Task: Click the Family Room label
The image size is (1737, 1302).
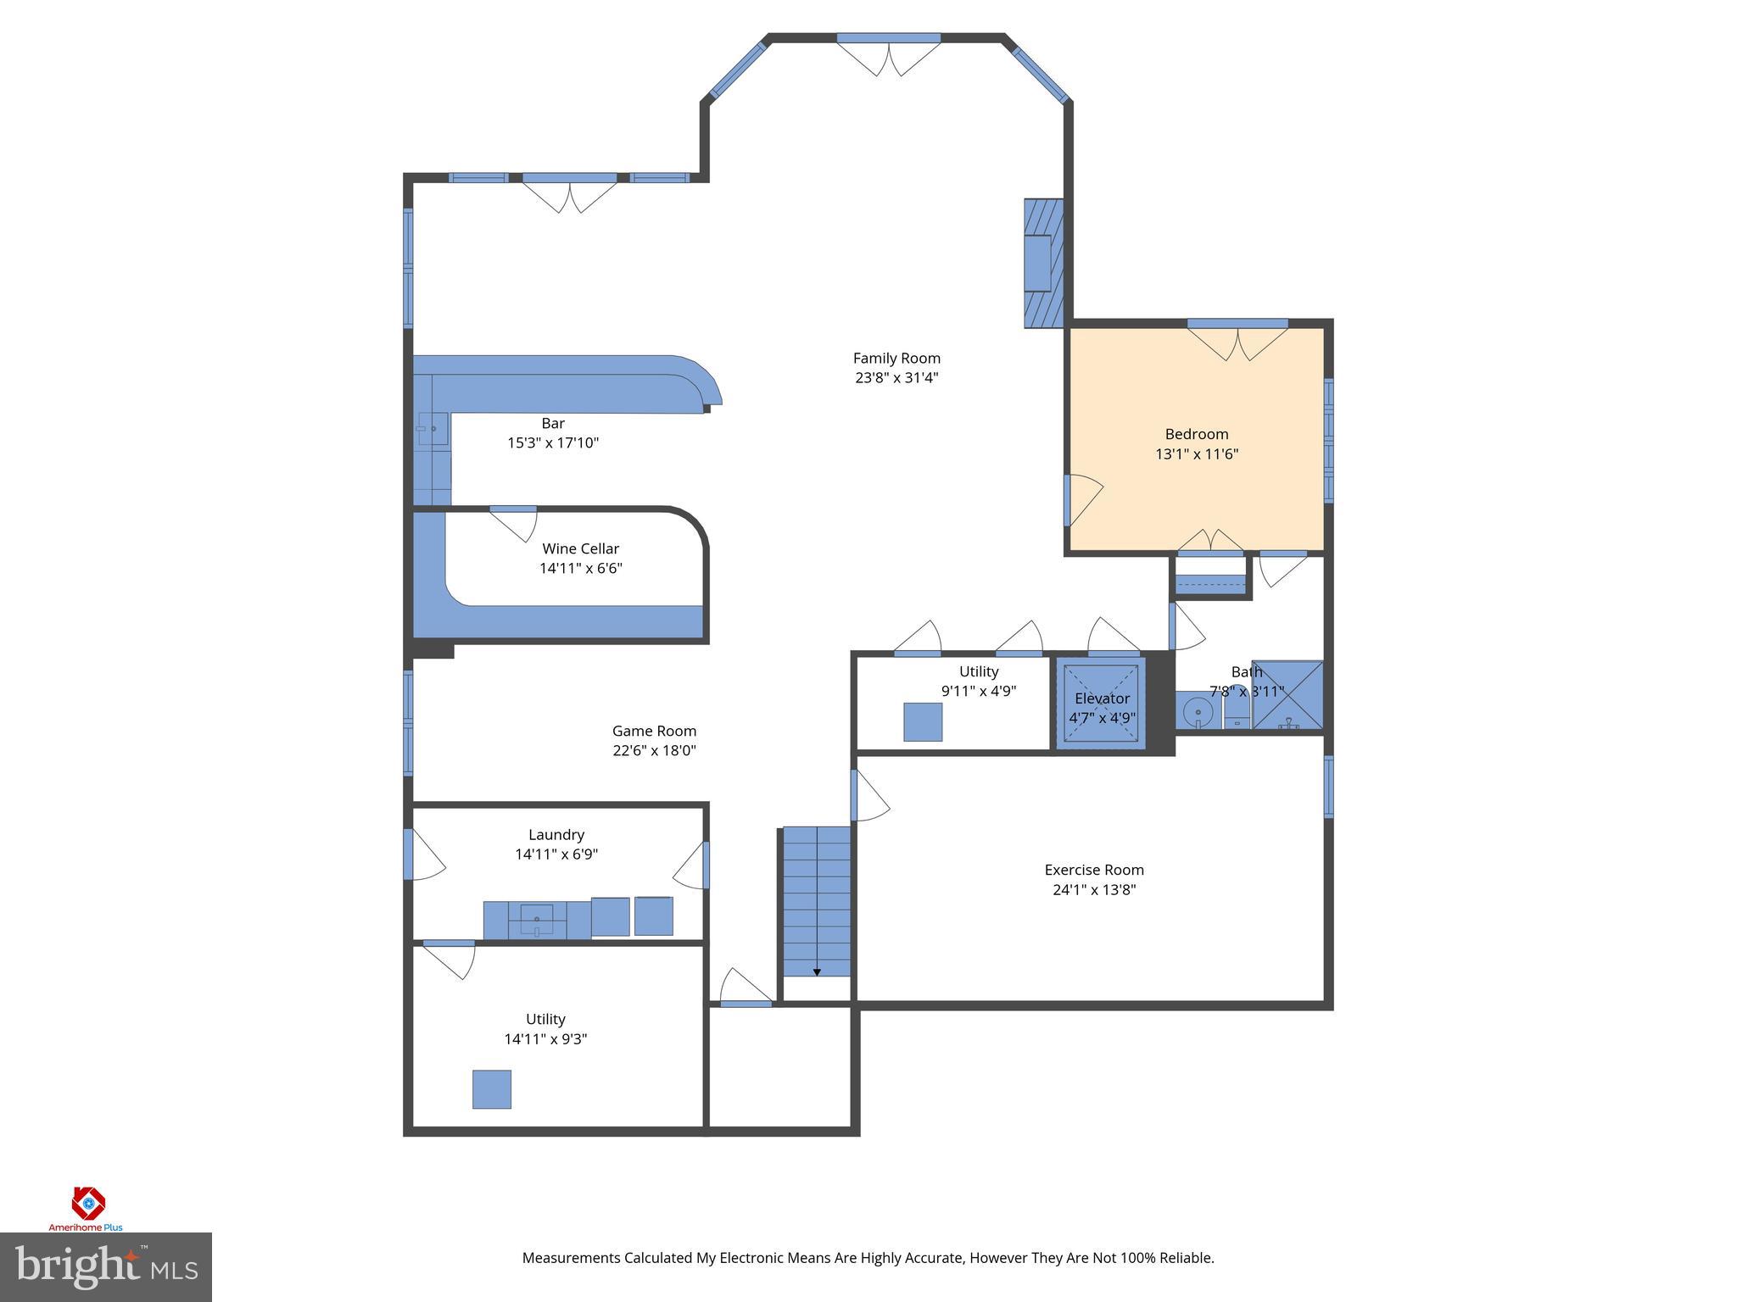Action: pos(896,358)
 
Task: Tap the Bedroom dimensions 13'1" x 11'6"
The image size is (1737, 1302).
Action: pos(1196,453)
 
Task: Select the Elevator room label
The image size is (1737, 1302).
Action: pos(1102,698)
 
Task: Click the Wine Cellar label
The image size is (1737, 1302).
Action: pos(580,548)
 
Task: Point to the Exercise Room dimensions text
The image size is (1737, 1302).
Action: pos(1094,889)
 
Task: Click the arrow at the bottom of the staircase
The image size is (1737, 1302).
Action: pos(817,971)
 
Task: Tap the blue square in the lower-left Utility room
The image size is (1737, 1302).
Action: pos(492,1089)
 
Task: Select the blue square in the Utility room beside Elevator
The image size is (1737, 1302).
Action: pos(922,721)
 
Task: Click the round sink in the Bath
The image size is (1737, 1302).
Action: pos(1198,710)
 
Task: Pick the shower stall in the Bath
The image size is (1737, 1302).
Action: pos(1287,694)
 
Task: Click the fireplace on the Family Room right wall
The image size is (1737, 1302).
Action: pos(1042,263)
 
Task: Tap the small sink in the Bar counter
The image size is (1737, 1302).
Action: pos(433,429)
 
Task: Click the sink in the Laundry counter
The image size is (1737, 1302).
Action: pos(537,920)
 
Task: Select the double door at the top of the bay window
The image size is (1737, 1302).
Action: pos(888,55)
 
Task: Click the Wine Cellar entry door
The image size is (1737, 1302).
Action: pos(514,522)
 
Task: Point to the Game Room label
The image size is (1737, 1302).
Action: pos(654,731)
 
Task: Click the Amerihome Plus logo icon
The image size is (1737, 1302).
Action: pos(88,1202)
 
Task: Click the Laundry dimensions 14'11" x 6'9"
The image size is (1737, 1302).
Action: pos(556,854)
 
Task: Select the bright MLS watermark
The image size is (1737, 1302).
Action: pos(105,1266)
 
